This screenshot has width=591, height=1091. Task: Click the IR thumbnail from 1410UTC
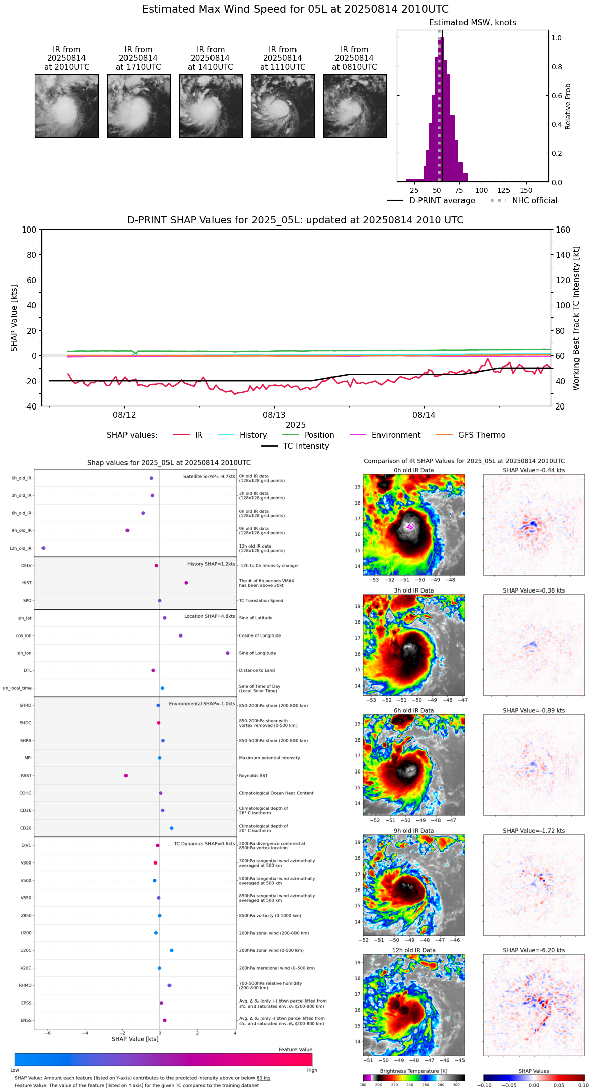pos(210,106)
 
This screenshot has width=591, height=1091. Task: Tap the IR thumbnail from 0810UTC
pos(355,106)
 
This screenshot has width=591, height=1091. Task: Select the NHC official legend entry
pos(534,201)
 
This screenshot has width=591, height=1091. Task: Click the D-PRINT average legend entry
pos(442,201)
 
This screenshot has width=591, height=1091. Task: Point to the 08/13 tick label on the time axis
pos(274,415)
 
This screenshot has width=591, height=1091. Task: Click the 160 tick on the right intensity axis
pos(563,230)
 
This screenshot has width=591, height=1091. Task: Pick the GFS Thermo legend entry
pos(482,435)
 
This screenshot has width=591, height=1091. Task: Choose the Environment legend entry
pos(396,435)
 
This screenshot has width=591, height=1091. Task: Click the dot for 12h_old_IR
pos(44,548)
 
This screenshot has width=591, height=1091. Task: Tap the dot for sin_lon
pos(228,653)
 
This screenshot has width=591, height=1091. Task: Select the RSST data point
pos(126,776)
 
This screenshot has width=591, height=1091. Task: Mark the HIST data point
pos(186,583)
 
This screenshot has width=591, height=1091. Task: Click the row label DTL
pos(27,671)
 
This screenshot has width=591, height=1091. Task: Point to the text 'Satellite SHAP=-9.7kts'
pos(209,477)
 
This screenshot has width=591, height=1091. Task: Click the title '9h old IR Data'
pos(413,831)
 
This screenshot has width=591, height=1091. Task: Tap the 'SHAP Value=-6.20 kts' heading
pos(534,950)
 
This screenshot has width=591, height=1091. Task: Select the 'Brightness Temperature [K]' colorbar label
pos(413,1071)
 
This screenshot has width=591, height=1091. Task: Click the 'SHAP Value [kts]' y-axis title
pos(14,318)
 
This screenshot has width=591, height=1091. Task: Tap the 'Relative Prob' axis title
pos(568,107)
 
